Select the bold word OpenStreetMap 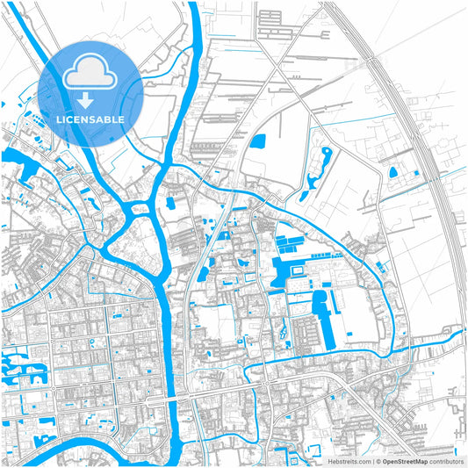coord(405,460)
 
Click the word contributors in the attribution coord(447,460)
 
